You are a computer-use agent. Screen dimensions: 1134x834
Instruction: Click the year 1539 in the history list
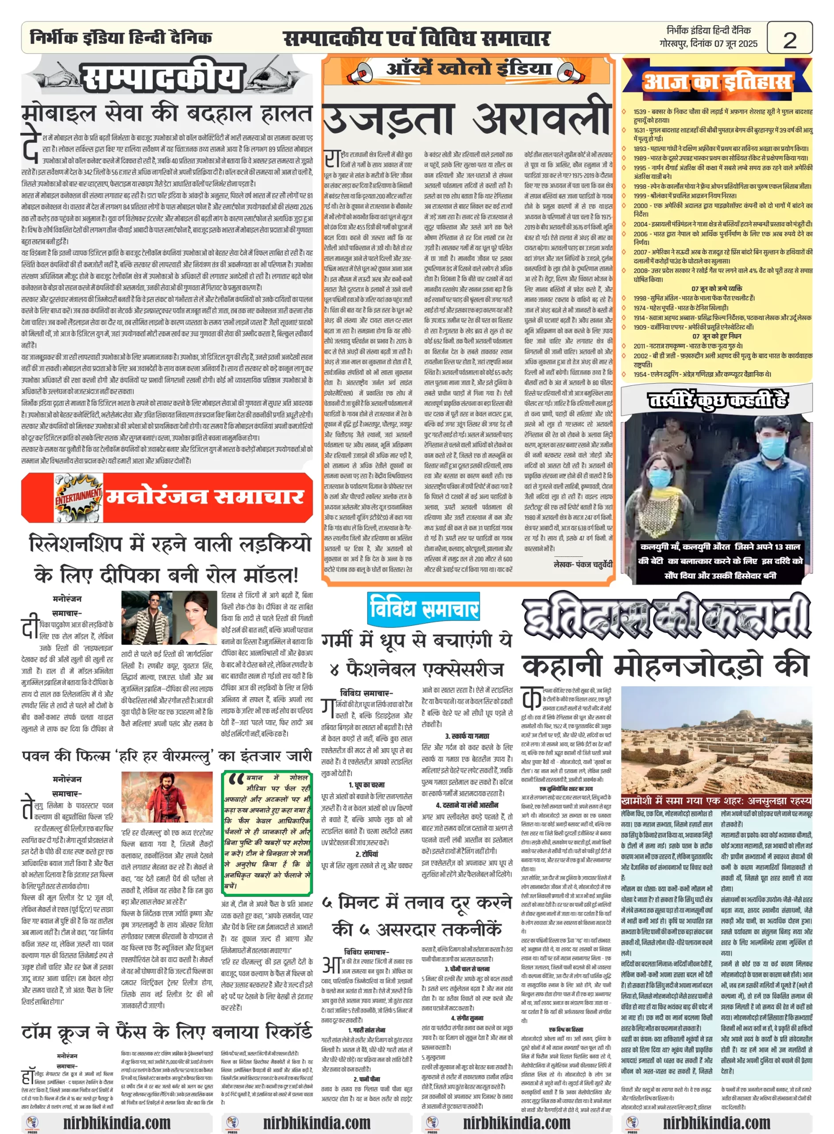640,112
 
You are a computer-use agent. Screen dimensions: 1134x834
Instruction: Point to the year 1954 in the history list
640,374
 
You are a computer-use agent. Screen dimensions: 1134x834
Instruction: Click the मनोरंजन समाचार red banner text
205,497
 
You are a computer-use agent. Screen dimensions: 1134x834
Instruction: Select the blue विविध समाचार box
423,608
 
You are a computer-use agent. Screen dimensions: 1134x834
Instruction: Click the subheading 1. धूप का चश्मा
367,784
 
